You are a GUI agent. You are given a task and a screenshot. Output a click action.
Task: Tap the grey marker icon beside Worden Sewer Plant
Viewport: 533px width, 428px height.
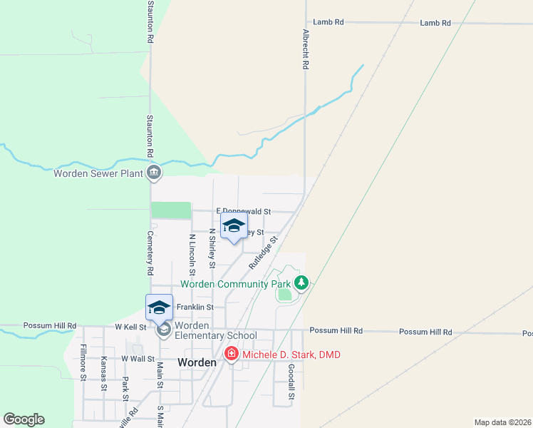coord(154,173)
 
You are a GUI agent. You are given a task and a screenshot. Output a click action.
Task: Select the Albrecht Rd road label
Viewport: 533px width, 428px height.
coord(305,49)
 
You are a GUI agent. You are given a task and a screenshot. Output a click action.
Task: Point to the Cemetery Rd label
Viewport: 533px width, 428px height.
coord(150,253)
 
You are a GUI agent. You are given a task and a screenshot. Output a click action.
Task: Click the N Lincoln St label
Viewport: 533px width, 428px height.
coord(192,254)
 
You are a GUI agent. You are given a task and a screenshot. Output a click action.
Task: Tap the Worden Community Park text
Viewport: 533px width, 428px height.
coord(236,284)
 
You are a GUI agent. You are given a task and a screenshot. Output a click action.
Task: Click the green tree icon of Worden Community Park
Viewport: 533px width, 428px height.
coord(301,283)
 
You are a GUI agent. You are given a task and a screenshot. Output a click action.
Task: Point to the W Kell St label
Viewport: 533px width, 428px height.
coord(130,327)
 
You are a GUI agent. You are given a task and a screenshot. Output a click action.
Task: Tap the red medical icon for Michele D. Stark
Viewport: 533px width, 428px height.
coord(231,355)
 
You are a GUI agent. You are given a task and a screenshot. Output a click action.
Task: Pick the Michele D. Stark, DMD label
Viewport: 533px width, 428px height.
coord(291,355)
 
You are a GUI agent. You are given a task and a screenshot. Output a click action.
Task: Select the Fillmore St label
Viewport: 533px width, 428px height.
coord(83,362)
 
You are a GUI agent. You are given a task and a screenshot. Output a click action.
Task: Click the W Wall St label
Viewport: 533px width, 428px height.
coord(138,358)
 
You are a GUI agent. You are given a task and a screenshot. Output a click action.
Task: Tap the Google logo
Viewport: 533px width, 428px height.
coord(24,419)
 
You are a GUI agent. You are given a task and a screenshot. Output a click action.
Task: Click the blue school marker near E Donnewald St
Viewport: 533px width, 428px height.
coord(234,227)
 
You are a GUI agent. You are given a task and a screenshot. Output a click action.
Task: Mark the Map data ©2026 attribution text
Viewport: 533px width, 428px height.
coord(502,422)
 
